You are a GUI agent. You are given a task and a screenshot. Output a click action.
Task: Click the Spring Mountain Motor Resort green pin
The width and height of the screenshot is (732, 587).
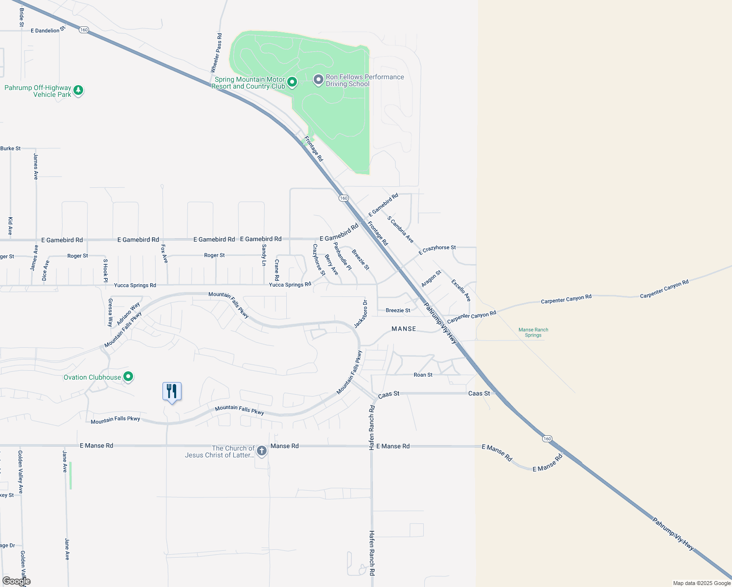click(x=292, y=82)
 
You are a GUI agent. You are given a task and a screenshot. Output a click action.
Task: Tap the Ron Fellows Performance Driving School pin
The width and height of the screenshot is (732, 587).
click(x=319, y=80)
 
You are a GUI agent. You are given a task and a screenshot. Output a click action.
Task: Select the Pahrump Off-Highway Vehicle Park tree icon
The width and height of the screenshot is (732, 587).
click(x=78, y=90)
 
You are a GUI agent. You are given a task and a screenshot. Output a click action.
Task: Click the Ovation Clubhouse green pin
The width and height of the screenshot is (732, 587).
click(x=128, y=377)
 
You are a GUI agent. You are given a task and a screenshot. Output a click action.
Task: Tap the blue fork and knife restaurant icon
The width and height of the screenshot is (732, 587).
click(x=172, y=391)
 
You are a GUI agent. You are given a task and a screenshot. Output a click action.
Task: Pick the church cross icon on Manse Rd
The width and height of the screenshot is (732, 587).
click(x=262, y=451)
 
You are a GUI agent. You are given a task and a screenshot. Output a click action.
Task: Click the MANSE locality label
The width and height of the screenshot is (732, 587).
click(x=404, y=329)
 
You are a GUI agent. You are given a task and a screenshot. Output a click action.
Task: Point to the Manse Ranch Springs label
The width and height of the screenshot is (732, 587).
click(x=533, y=333)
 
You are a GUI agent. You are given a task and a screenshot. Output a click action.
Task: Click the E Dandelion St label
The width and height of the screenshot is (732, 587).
click(x=47, y=30)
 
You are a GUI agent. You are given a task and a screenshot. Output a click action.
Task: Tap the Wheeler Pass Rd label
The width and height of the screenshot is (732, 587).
click(x=216, y=53)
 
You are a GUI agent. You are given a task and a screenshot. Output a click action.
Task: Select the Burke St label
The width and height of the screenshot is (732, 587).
click(x=10, y=148)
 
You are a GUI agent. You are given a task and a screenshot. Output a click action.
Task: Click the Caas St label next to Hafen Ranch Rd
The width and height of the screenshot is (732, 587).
click(x=389, y=394)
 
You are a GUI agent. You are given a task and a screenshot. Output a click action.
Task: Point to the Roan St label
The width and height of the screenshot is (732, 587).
click(x=423, y=375)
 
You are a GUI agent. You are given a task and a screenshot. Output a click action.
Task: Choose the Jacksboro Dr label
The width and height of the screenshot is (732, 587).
click(x=361, y=314)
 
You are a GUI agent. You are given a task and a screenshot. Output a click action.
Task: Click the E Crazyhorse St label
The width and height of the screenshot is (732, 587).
click(x=437, y=250)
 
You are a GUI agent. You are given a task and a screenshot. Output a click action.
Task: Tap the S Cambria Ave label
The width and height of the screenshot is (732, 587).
click(x=400, y=229)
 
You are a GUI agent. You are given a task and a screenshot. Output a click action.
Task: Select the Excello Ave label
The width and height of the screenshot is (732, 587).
click(x=461, y=290)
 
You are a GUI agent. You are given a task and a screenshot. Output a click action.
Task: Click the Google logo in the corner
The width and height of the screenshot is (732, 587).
click(x=16, y=581)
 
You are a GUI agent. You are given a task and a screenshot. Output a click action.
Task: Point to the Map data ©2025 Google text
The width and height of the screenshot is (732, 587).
click(x=702, y=583)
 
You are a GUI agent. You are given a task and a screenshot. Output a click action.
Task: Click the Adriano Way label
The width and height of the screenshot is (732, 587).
click(x=128, y=314)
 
